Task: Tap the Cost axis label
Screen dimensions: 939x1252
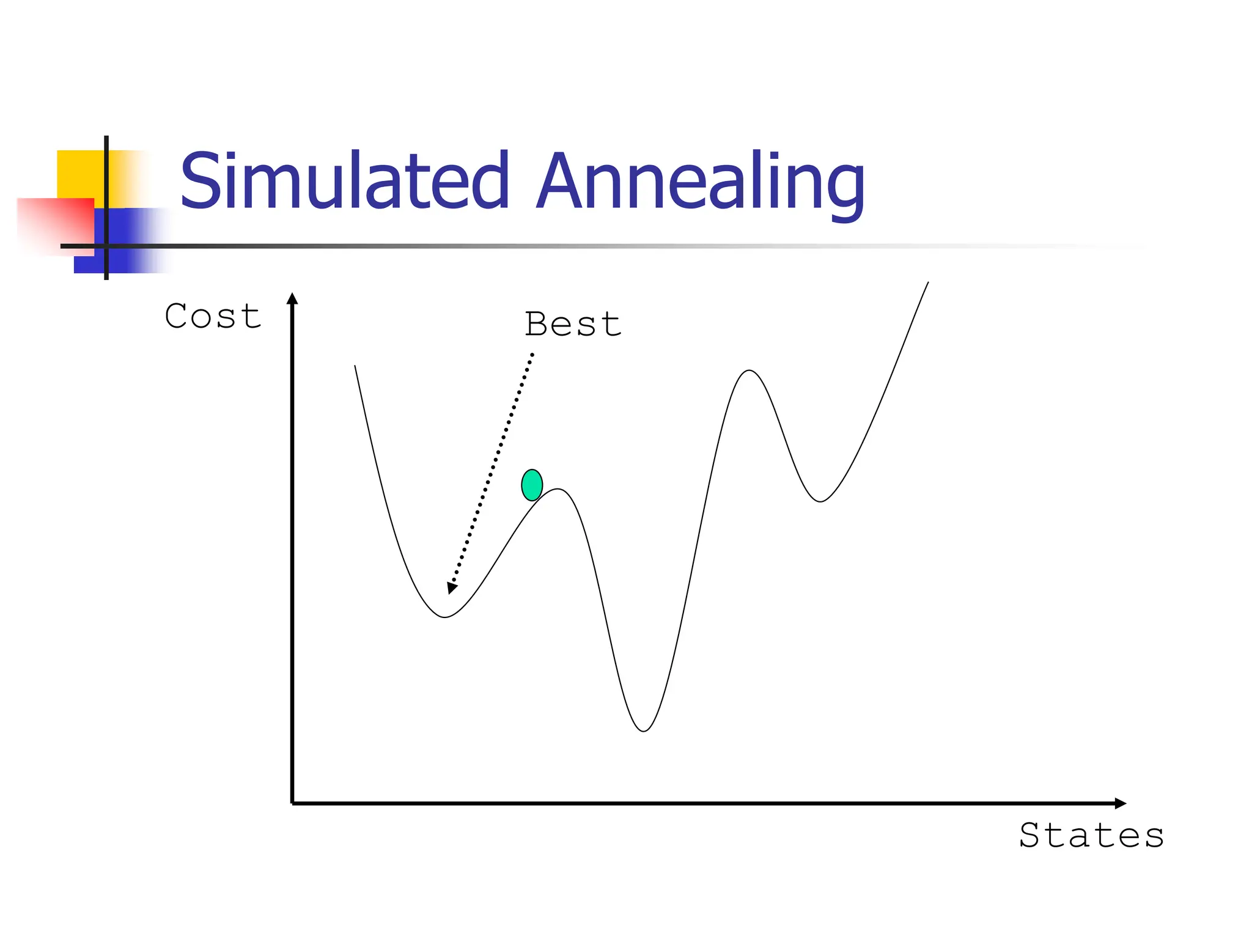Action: coord(213,317)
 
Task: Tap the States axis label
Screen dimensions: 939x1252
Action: coord(1091,835)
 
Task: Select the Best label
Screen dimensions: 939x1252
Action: coord(573,324)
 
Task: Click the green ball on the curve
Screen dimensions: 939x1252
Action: coord(532,485)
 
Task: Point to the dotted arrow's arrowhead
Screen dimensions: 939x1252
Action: coord(452,587)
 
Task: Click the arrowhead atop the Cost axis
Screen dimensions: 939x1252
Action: coord(292,299)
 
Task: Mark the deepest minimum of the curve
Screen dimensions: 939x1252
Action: coord(644,731)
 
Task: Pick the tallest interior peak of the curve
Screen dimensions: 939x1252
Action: coord(749,370)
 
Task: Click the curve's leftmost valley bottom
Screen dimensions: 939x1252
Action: coord(445,617)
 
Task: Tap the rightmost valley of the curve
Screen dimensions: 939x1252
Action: coord(820,501)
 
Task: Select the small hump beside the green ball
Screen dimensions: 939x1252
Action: coord(559,489)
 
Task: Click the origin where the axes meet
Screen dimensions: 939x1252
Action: coord(293,803)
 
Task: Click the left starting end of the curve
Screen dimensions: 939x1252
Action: coord(355,366)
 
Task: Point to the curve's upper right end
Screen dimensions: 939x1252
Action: coord(927,283)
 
